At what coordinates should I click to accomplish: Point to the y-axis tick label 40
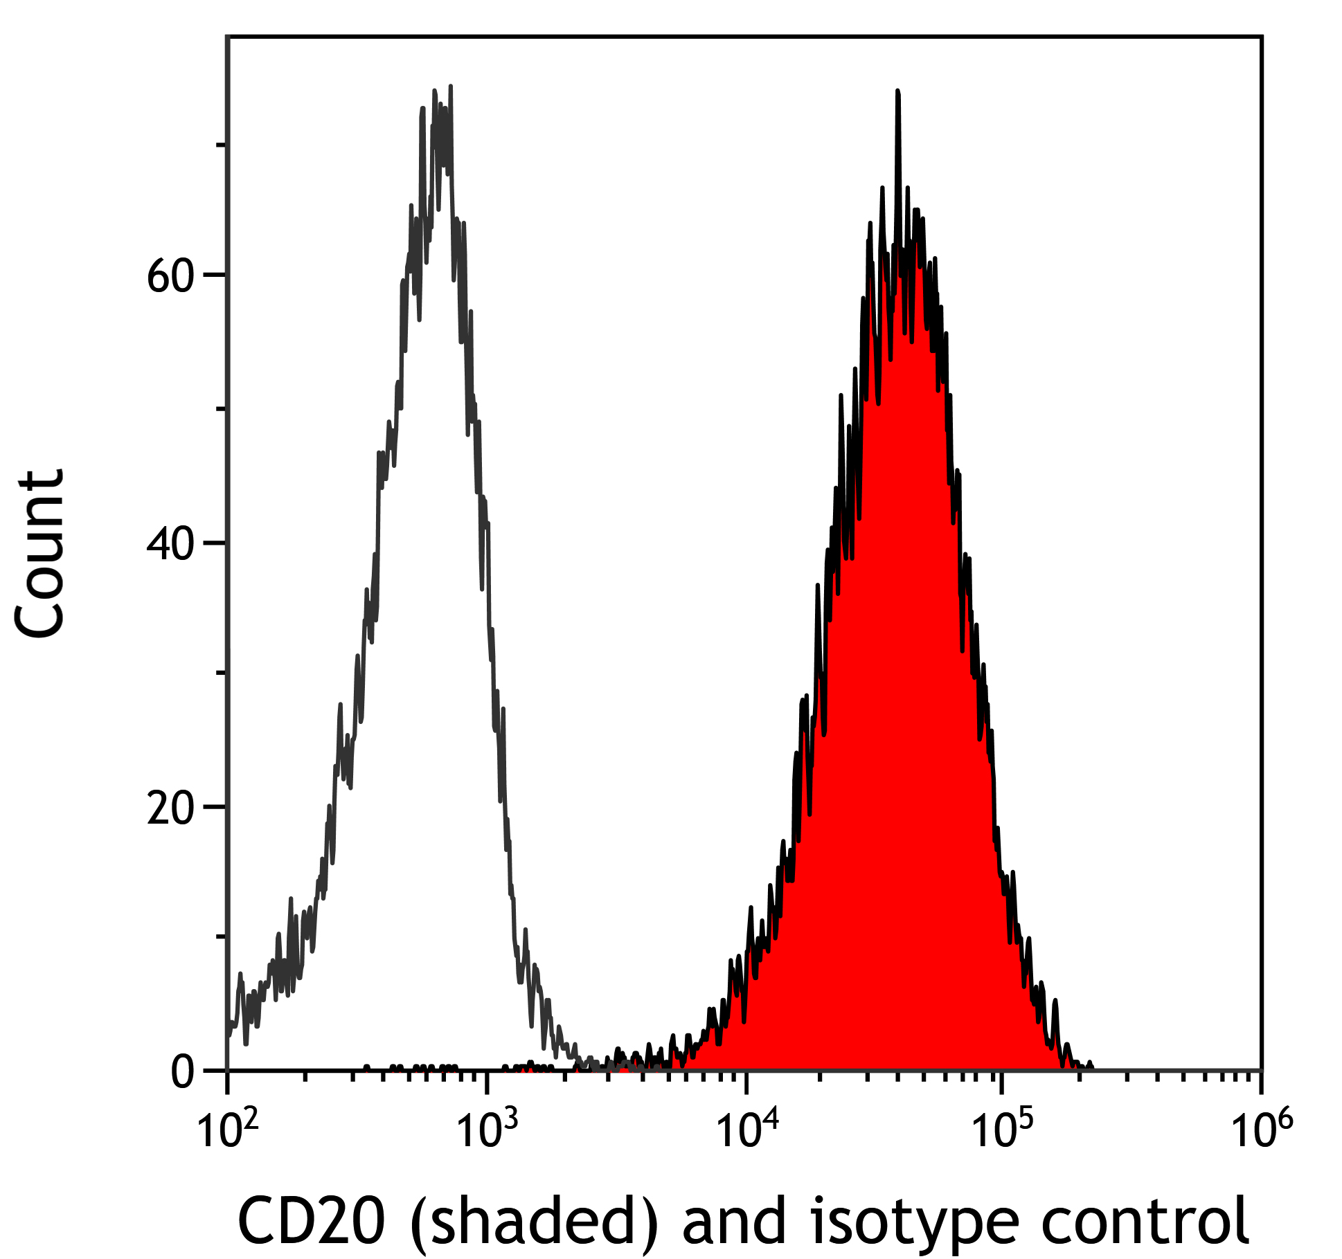169,545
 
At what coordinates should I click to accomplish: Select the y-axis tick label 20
169,808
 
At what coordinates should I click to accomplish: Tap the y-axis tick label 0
183,1073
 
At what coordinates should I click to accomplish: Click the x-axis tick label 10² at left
228,1130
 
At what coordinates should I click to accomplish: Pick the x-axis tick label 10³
487,1130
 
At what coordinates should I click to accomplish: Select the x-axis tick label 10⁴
746,1130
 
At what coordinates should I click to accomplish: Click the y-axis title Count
40,554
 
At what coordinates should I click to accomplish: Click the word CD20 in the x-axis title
311,1220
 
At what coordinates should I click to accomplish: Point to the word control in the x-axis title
1144,1220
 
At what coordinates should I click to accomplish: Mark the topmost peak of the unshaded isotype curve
451,88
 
